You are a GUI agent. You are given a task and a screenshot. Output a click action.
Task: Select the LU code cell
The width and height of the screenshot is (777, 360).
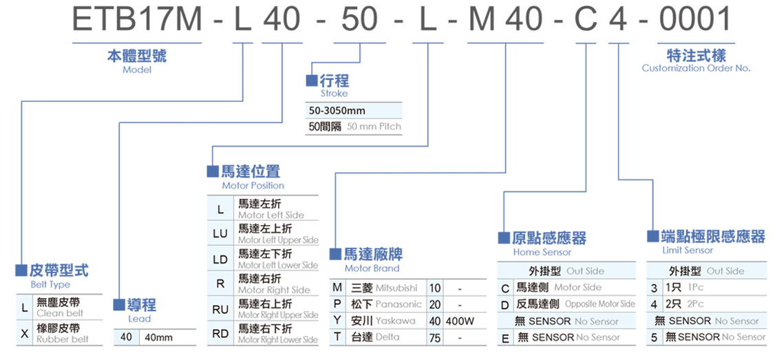tap(220, 233)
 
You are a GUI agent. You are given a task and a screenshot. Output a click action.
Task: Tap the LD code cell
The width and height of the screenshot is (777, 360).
tap(220, 260)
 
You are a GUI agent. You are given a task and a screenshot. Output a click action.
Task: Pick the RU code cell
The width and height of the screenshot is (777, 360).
tap(220, 310)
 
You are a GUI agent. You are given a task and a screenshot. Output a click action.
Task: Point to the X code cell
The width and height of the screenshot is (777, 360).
tap(25, 334)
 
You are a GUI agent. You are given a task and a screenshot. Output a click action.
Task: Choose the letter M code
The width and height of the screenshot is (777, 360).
tap(337, 287)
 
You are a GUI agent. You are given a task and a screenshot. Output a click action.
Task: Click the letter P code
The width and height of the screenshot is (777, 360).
tap(337, 304)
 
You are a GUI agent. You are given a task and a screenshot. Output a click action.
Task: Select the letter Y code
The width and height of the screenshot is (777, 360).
tap(337, 320)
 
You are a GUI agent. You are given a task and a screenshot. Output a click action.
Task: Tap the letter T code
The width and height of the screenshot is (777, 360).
tap(337, 337)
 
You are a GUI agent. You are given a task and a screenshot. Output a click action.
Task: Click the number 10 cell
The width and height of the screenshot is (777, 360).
tap(435, 287)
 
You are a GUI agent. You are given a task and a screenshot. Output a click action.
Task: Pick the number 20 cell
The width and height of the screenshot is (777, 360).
tap(435, 304)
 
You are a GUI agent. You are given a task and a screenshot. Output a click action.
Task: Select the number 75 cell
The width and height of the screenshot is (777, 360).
tap(435, 337)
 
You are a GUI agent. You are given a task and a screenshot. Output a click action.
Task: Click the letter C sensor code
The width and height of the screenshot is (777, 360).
tap(504, 288)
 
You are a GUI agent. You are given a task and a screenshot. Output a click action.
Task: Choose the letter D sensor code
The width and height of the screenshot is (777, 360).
tap(504, 304)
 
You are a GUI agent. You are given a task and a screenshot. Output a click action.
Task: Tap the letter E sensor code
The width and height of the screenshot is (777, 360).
tap(504, 337)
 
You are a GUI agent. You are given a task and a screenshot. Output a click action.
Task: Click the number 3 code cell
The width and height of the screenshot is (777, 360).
tap(653, 288)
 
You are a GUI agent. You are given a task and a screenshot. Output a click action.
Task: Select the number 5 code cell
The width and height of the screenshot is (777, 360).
tap(653, 337)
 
